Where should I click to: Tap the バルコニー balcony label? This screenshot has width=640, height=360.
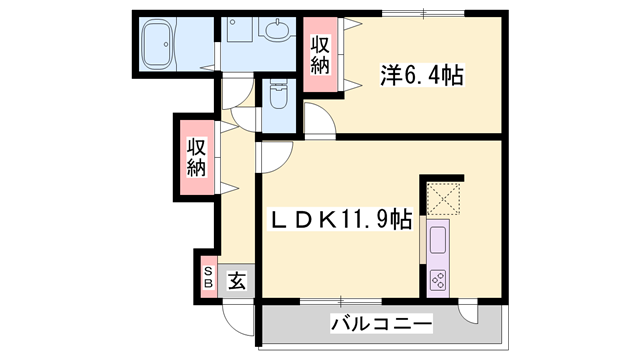(381, 324)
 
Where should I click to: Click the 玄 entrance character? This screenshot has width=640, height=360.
(238, 280)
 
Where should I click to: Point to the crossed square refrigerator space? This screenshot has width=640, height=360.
(442, 196)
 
